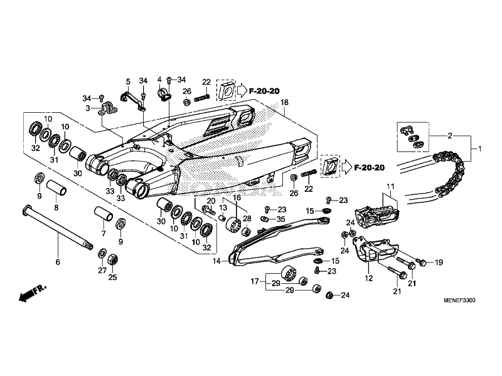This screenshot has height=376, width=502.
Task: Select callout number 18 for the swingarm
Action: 284,102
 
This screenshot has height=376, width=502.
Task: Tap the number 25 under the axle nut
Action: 113,277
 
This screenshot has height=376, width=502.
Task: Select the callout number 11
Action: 389,187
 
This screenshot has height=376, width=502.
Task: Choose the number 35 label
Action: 280,219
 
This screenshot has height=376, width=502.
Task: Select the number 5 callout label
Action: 127,81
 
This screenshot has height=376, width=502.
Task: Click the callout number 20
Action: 211,201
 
